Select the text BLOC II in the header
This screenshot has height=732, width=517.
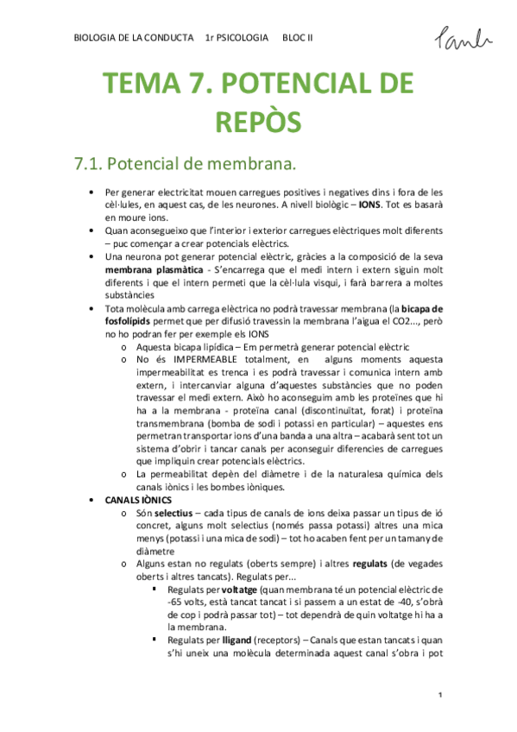pos(299,38)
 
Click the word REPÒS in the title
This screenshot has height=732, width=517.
pos(258,121)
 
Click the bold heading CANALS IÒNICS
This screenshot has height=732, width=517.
pos(139,500)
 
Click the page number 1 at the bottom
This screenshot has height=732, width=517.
pos(439,695)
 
